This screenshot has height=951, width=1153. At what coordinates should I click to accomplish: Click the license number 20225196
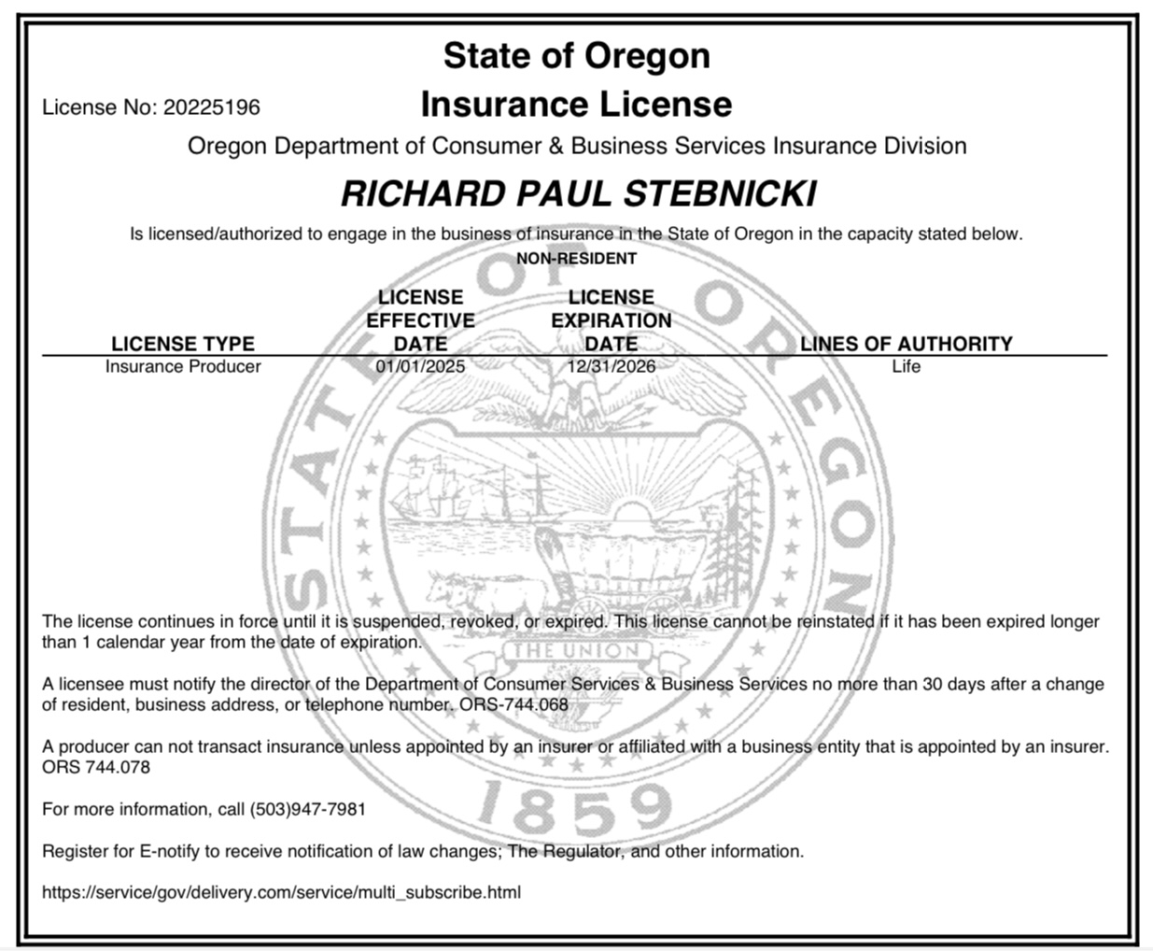(212, 107)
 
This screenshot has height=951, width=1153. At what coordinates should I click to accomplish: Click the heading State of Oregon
(576, 55)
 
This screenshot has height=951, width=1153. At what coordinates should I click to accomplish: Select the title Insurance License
(576, 104)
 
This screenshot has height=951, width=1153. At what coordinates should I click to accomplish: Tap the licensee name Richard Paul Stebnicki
(578, 193)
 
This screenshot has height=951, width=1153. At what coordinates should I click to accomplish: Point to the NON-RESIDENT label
(576, 258)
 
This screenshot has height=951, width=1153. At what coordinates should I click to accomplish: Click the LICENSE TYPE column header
(183, 343)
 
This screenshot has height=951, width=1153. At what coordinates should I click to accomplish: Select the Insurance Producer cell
(183, 366)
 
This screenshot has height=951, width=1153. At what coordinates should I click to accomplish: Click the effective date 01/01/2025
(420, 366)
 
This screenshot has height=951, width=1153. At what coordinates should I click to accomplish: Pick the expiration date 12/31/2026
(612, 366)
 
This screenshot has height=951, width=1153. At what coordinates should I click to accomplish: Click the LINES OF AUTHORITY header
(906, 343)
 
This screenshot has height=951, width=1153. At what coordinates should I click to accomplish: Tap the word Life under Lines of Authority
(906, 366)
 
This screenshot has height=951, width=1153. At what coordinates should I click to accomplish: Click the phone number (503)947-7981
(307, 809)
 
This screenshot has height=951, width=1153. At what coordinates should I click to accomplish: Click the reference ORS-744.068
(513, 704)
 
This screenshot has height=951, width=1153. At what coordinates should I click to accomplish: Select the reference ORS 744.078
(96, 767)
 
